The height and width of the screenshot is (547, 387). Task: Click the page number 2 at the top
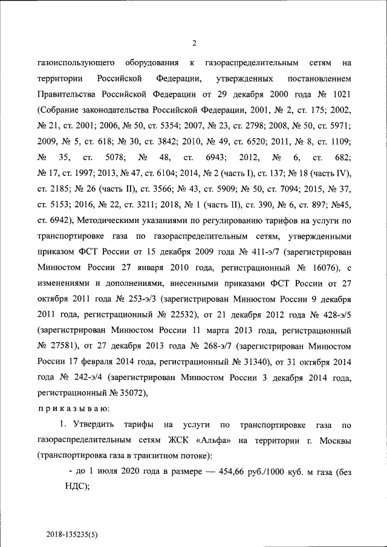[194, 42]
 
